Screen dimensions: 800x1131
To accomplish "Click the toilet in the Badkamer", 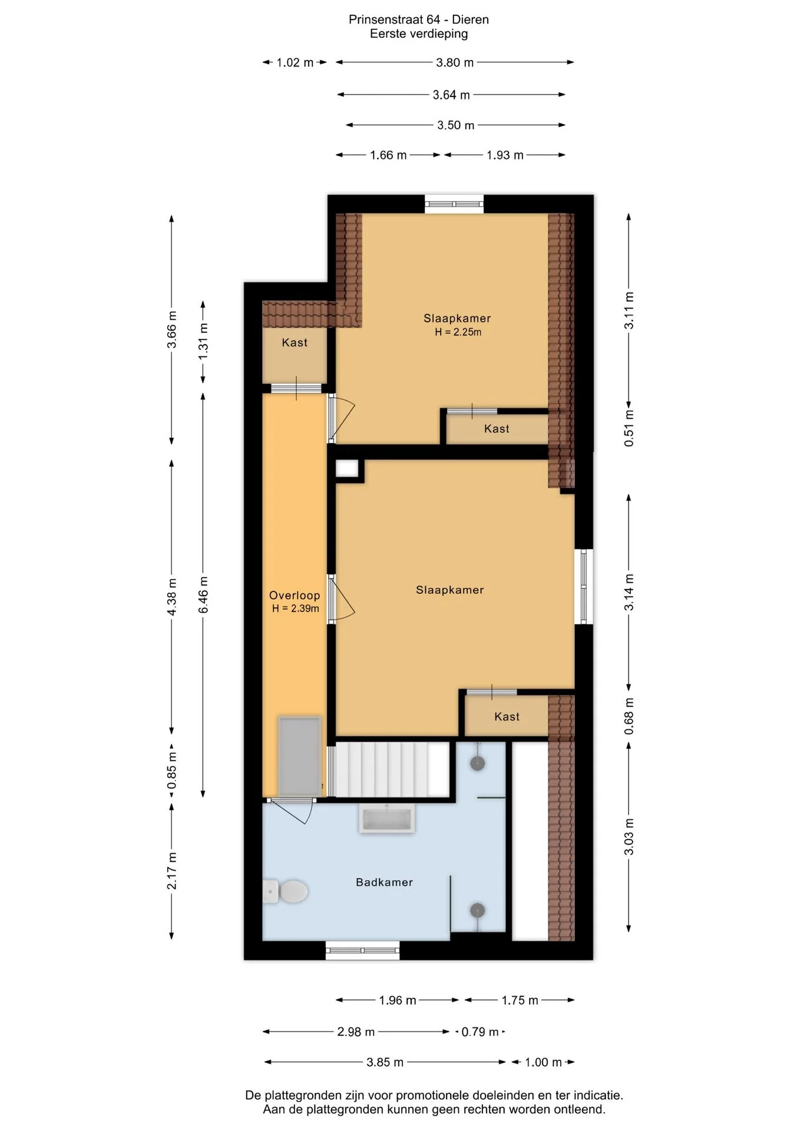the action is tap(285, 891).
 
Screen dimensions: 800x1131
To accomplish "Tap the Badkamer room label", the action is tap(384, 882).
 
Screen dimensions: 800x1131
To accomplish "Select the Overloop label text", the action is tap(295, 596).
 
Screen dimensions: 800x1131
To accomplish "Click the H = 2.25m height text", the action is tap(458, 332).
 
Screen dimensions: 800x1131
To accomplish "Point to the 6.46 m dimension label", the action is tap(204, 595).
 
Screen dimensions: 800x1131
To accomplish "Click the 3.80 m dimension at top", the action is tap(455, 62).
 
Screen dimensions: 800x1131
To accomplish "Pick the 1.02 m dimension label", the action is tap(295, 62).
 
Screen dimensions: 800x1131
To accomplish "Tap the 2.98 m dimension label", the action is tap(356, 1031).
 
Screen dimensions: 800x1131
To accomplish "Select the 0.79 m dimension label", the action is tap(480, 1031).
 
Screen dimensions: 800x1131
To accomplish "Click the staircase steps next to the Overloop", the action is tap(389, 769).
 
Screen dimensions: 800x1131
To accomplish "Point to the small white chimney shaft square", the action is tap(347, 468).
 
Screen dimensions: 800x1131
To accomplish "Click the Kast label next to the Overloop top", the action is tap(295, 342).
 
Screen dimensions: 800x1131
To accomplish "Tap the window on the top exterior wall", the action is tap(454, 204).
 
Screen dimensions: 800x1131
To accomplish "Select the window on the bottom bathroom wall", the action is tap(362, 950).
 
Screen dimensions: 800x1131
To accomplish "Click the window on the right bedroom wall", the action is tap(584, 586).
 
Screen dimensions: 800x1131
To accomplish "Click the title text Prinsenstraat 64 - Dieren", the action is tap(419, 19).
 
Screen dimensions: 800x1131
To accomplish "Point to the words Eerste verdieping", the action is tap(419, 34).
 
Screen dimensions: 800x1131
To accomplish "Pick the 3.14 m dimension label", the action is tap(629, 592).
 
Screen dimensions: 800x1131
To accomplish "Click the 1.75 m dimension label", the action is tap(520, 1000).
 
